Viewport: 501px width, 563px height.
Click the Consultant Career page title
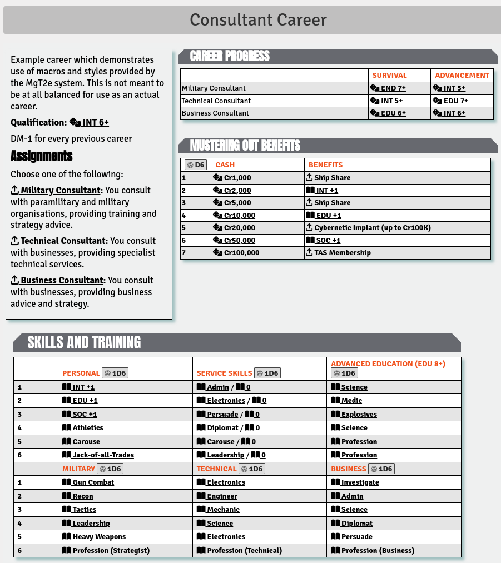pyautogui.click(x=258, y=20)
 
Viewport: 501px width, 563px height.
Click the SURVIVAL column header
pyautogui.click(x=389, y=75)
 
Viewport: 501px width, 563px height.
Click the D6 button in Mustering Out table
pyautogui.click(x=196, y=165)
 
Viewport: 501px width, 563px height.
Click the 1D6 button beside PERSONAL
pyautogui.click(x=115, y=373)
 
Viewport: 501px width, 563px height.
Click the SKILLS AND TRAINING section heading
pyautogui.click(x=84, y=342)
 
